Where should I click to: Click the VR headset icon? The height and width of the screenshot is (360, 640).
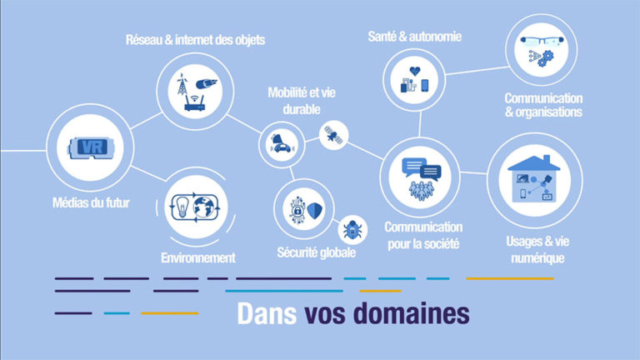tap(90, 147)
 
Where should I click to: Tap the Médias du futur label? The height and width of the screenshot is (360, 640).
tap(91, 202)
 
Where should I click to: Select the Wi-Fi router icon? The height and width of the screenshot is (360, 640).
tap(195, 103)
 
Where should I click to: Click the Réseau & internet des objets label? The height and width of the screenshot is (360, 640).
tap(195, 40)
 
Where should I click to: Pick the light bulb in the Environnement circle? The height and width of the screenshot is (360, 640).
tap(182, 206)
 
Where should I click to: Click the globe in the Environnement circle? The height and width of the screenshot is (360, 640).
tap(204, 207)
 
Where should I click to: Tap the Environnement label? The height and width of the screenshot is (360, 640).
tap(198, 258)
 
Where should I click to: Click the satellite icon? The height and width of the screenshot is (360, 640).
tap(333, 135)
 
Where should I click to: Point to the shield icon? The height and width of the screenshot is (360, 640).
tap(315, 211)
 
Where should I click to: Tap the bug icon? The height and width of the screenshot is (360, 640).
tap(352, 230)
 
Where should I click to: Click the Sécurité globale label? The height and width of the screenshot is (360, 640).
tap(317, 252)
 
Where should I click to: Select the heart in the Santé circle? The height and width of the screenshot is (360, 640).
tap(415, 71)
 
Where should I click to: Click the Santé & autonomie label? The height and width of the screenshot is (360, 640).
tap(415, 37)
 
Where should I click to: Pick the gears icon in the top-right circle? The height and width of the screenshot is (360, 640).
tap(545, 58)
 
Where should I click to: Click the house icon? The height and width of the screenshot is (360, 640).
tap(534, 179)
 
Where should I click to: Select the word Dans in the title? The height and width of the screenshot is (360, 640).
tap(267, 313)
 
